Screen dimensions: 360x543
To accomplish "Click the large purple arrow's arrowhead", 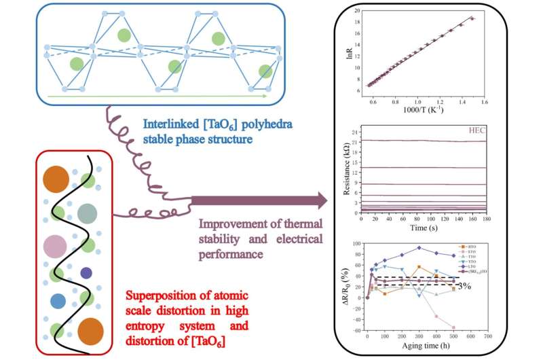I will click(318, 200).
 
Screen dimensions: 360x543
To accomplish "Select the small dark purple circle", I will click(86, 272).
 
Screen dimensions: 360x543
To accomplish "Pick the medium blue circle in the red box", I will click(58, 300).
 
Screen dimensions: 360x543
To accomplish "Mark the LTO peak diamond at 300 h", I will click(419, 248).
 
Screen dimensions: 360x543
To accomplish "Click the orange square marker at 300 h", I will click(419, 267).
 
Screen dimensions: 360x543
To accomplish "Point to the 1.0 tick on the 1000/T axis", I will click(418, 101).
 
